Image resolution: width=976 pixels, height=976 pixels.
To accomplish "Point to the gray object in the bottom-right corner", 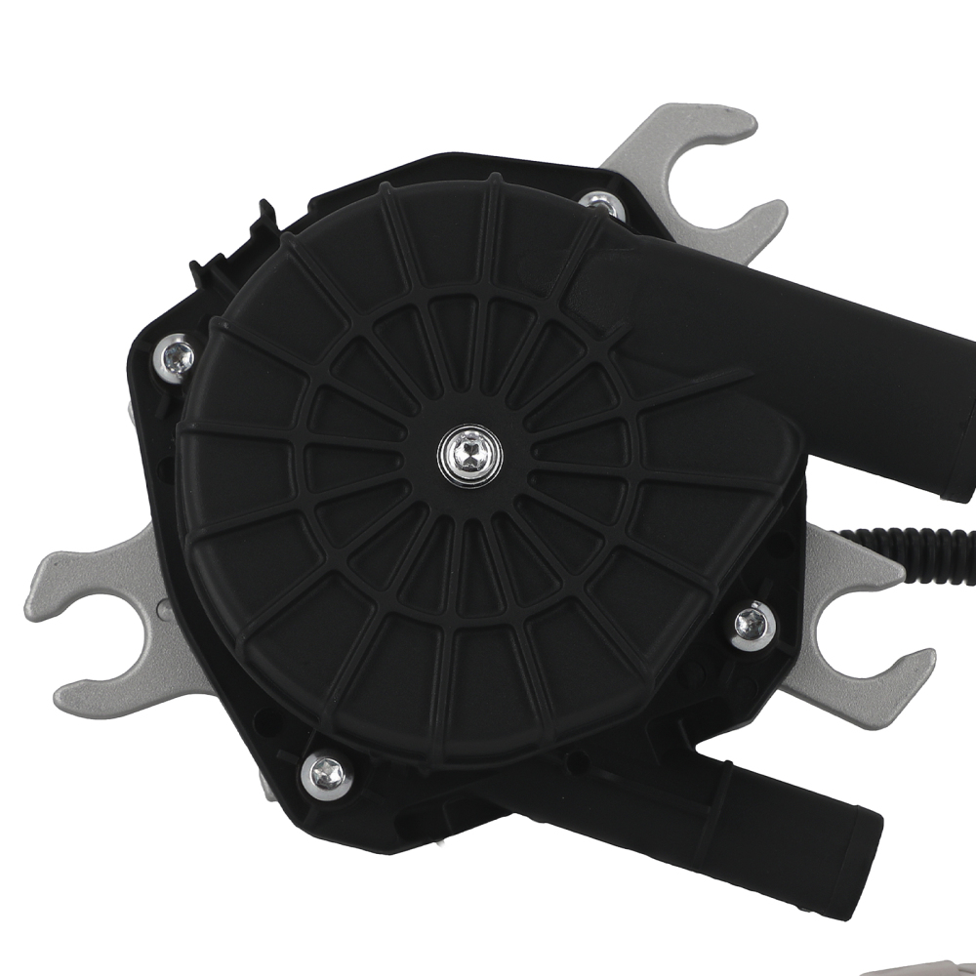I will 927,966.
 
